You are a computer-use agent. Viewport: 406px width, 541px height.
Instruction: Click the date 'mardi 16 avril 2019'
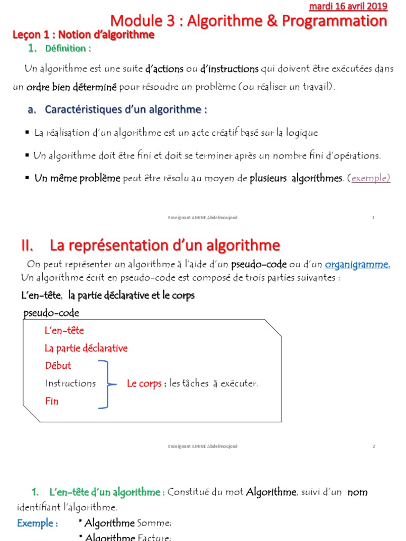tap(355, 6)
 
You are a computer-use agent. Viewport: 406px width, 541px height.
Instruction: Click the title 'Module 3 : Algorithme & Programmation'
tap(248, 21)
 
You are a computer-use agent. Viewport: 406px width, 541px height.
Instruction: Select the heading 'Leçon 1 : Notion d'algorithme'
tap(84, 35)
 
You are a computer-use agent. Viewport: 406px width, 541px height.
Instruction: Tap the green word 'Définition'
tap(68, 49)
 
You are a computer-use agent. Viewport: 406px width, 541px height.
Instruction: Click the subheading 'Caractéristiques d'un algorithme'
tap(125, 109)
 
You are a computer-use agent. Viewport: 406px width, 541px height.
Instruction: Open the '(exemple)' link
tap(371, 178)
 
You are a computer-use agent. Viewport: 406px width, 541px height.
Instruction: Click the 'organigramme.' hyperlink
tap(357, 264)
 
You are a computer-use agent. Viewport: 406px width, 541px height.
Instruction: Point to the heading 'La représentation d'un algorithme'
tap(164, 245)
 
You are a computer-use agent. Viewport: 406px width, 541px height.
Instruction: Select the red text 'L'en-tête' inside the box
tap(64, 330)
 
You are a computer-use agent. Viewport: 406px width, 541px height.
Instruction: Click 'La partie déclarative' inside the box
tap(86, 348)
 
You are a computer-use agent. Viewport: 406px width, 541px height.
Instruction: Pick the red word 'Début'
tap(58, 366)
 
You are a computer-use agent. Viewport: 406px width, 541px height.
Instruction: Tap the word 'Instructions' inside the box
tap(70, 383)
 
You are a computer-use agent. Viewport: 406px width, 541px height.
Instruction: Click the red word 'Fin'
tap(52, 401)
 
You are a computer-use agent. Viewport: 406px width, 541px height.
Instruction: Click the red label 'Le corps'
tap(144, 384)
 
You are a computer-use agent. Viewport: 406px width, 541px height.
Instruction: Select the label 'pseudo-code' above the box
tap(51, 313)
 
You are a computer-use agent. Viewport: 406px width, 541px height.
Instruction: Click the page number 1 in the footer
tap(373, 218)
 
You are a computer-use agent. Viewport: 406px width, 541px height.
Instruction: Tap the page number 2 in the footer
tap(373, 446)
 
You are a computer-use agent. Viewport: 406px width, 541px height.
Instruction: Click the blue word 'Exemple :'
tap(38, 523)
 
